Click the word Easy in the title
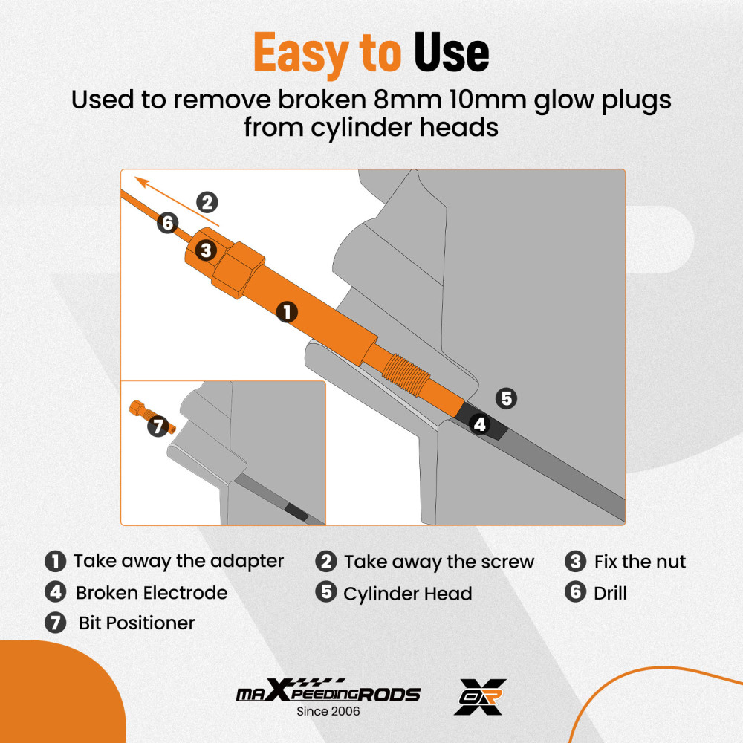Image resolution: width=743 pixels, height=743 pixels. [x=301, y=53]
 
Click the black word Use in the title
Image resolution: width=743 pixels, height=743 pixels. [x=451, y=52]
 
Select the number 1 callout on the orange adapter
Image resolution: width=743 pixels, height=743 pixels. [x=287, y=312]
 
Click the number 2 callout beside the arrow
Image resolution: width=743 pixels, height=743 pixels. [x=207, y=202]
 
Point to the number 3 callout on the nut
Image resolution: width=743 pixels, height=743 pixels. [x=206, y=250]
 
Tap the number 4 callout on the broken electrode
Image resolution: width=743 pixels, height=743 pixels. [x=479, y=424]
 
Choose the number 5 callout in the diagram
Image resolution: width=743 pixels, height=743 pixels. [x=506, y=398]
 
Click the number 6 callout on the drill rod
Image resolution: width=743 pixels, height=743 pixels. [x=168, y=223]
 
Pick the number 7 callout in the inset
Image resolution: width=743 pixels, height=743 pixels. [x=158, y=426]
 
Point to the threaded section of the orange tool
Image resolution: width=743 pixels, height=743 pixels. [x=406, y=375]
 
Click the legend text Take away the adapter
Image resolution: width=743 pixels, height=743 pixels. [x=178, y=561]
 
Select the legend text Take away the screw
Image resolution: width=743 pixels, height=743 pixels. [x=439, y=562]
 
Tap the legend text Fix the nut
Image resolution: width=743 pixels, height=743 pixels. [x=640, y=562]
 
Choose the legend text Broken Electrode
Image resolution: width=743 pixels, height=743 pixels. [x=152, y=593]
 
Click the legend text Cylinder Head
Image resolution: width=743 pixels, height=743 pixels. [x=407, y=594]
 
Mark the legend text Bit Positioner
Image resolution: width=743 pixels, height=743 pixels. [x=137, y=623]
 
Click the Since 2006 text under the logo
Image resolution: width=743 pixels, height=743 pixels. [x=328, y=711]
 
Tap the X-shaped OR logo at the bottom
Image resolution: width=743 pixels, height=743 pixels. [x=479, y=697]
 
